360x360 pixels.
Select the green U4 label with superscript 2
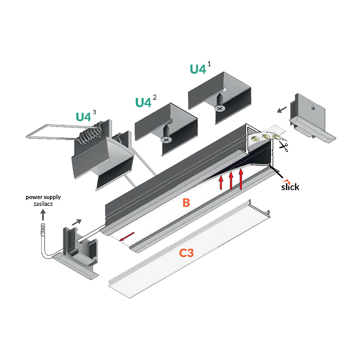click(x=143, y=102)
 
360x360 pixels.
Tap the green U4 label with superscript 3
click(x=83, y=117)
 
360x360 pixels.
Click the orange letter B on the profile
click(x=186, y=203)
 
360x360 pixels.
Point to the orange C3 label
click(x=187, y=253)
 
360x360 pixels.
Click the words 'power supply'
click(x=43, y=197)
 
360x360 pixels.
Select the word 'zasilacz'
click(x=43, y=204)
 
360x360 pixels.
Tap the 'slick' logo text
click(x=290, y=187)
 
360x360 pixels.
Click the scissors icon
click(x=284, y=147)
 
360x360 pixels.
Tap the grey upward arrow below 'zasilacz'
click(x=43, y=215)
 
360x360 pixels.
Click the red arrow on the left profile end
click(x=127, y=237)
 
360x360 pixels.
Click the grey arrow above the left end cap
click(x=77, y=222)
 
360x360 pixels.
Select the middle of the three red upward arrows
click(x=231, y=180)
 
